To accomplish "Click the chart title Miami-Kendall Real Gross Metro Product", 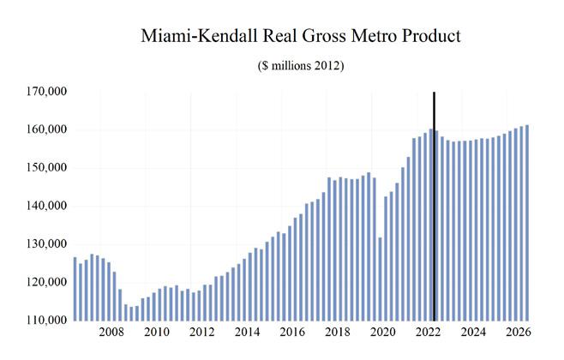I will [x=301, y=37].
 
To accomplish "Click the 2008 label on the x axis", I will [x=111, y=333].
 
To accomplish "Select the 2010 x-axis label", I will [x=155, y=333].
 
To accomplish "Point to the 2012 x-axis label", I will [x=201, y=333].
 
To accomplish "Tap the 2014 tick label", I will [x=246, y=333].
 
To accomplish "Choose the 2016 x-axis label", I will [x=291, y=333].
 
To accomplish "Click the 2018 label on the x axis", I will [x=337, y=333].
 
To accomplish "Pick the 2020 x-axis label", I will [x=382, y=333].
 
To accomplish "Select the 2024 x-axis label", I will [x=472, y=333].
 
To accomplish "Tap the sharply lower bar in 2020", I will [x=380, y=279].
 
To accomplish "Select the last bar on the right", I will [x=526, y=223].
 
